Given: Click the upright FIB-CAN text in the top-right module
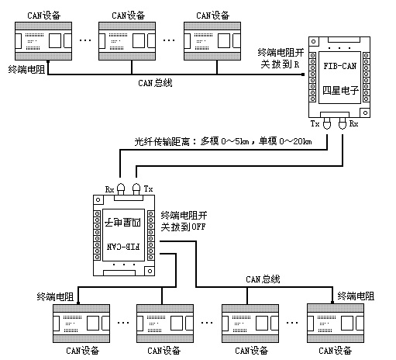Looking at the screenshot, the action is [340, 66].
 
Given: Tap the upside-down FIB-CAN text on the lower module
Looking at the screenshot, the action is [123, 247].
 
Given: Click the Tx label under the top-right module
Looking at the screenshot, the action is [315, 124].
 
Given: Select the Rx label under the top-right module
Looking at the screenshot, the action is [353, 123].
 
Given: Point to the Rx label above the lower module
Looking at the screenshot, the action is [109, 189].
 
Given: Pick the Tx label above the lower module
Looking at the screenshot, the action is [148, 189].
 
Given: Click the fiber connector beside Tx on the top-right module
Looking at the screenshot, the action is [327, 123].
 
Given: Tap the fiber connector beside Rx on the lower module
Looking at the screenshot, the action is [121, 189].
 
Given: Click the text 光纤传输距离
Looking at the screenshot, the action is [162, 142].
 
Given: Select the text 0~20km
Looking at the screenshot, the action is [295, 141].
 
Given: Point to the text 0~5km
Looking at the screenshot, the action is [235, 141].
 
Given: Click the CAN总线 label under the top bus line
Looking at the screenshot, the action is [155, 83].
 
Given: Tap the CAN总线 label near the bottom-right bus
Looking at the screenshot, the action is [263, 279].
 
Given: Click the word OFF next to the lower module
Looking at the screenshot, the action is [198, 227].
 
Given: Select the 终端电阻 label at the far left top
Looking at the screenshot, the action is [26, 70].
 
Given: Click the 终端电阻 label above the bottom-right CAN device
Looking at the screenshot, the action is [356, 296].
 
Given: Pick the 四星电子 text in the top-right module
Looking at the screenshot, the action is [340, 90].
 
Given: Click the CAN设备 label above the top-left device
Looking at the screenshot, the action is [43, 16].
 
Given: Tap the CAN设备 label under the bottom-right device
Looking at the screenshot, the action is [335, 351].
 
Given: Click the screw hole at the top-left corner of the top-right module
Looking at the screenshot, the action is [314, 41].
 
